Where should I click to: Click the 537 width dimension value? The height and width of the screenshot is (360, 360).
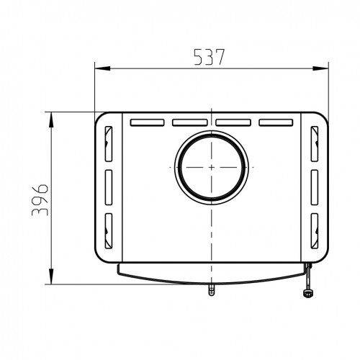(209, 57)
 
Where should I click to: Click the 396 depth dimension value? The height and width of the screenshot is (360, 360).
(40, 200)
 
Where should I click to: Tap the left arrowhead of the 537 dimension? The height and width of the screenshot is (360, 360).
(102, 68)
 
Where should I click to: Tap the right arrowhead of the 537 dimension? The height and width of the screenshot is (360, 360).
(320, 68)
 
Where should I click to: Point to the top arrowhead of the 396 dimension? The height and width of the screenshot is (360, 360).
(51, 120)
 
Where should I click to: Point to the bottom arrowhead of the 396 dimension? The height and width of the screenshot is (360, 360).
(51, 276)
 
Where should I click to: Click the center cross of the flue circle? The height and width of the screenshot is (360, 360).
(212, 167)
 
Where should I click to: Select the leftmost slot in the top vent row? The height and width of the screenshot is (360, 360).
(147, 122)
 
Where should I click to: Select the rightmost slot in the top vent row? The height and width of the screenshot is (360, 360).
(276, 122)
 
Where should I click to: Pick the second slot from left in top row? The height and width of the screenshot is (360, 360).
(190, 122)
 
